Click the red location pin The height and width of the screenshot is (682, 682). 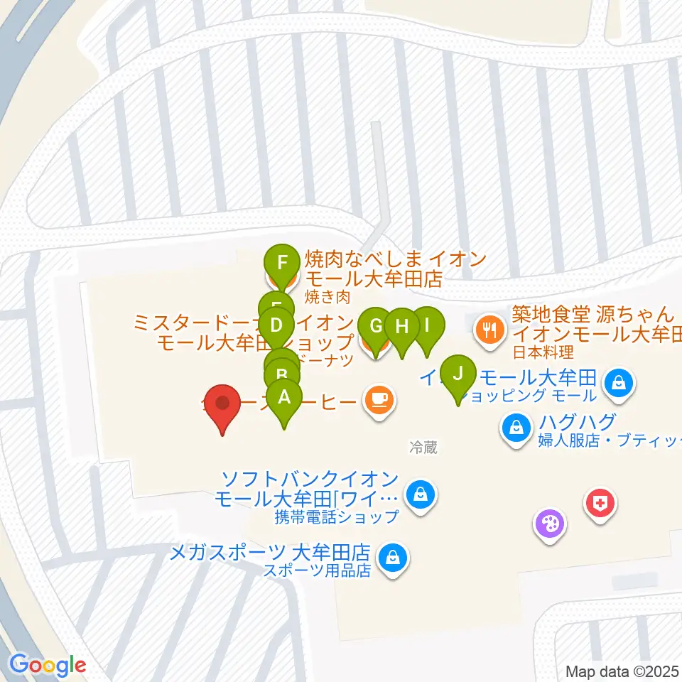[x=223, y=404]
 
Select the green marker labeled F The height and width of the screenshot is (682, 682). [x=283, y=262]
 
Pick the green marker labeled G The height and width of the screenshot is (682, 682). [x=375, y=328]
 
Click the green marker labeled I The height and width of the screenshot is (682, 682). [x=427, y=325]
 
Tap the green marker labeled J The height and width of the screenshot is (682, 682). [x=458, y=373]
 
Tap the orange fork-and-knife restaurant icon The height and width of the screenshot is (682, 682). [x=489, y=328]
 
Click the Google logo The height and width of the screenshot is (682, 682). [x=48, y=665]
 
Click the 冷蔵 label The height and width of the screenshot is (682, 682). [x=423, y=448]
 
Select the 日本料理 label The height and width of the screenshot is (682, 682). [x=543, y=351]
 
